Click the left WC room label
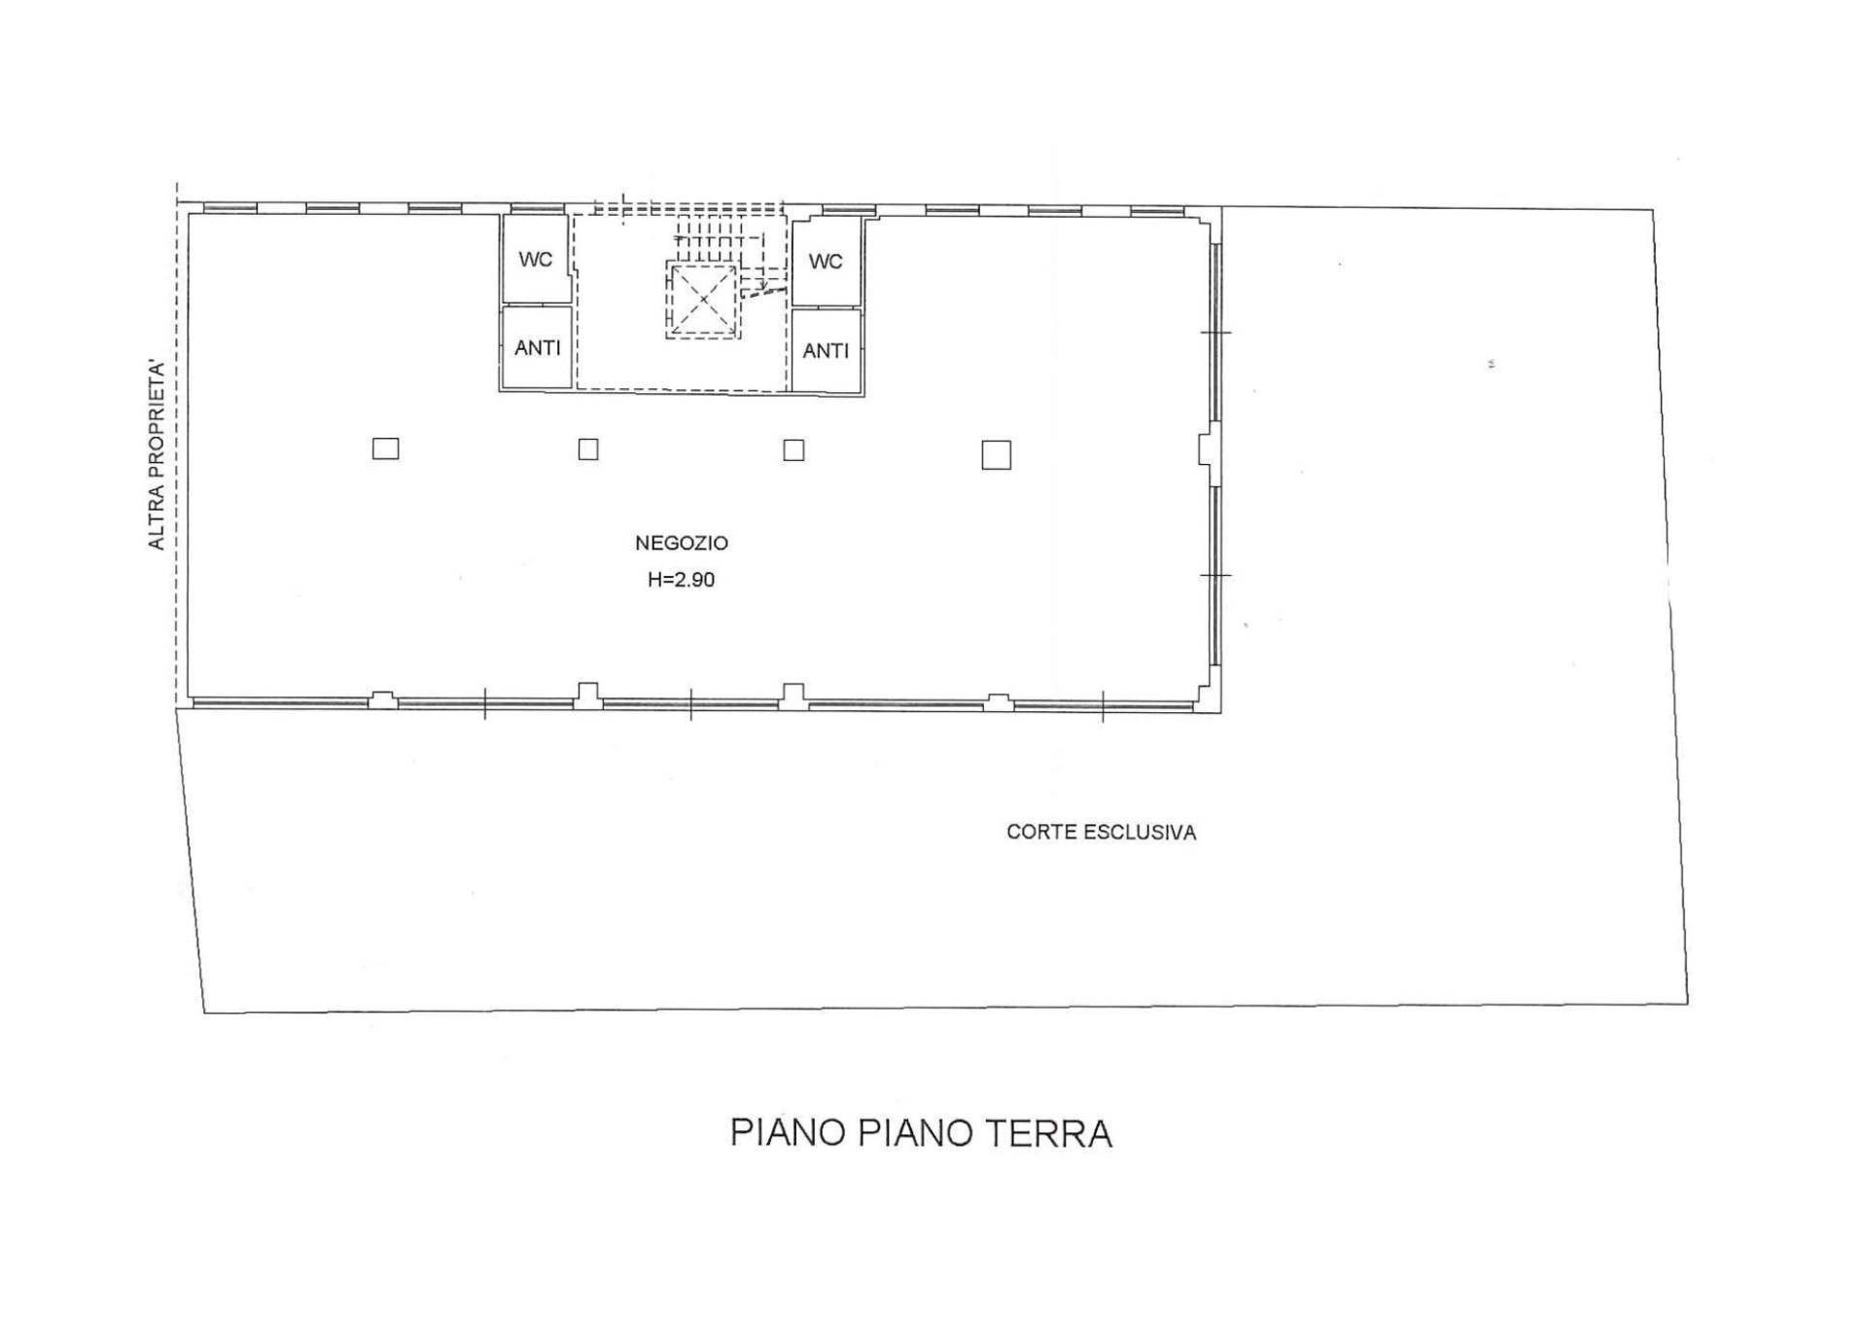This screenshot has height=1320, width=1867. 536,260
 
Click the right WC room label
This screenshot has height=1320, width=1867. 826,262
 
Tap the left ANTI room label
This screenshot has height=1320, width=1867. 538,347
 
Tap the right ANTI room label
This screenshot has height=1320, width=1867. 826,350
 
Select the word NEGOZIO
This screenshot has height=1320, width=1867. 682,543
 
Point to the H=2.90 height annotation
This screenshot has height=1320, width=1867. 682,580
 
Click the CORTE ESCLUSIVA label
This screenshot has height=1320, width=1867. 1101,832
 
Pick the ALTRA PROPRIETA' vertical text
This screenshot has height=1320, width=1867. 156,455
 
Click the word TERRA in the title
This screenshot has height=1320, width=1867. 1048,1133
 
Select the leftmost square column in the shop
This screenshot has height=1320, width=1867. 386,448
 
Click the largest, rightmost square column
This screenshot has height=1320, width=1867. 996,454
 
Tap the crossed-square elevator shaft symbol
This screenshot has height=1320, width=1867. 703,301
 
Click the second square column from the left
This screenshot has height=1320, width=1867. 588,448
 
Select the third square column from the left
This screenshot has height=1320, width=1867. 793,449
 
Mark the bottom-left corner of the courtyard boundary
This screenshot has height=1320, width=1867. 204,1013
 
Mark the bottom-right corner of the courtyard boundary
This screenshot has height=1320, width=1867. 1687,1003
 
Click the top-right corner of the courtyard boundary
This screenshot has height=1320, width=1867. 1653,209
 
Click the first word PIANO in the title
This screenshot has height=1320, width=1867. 789,1133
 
